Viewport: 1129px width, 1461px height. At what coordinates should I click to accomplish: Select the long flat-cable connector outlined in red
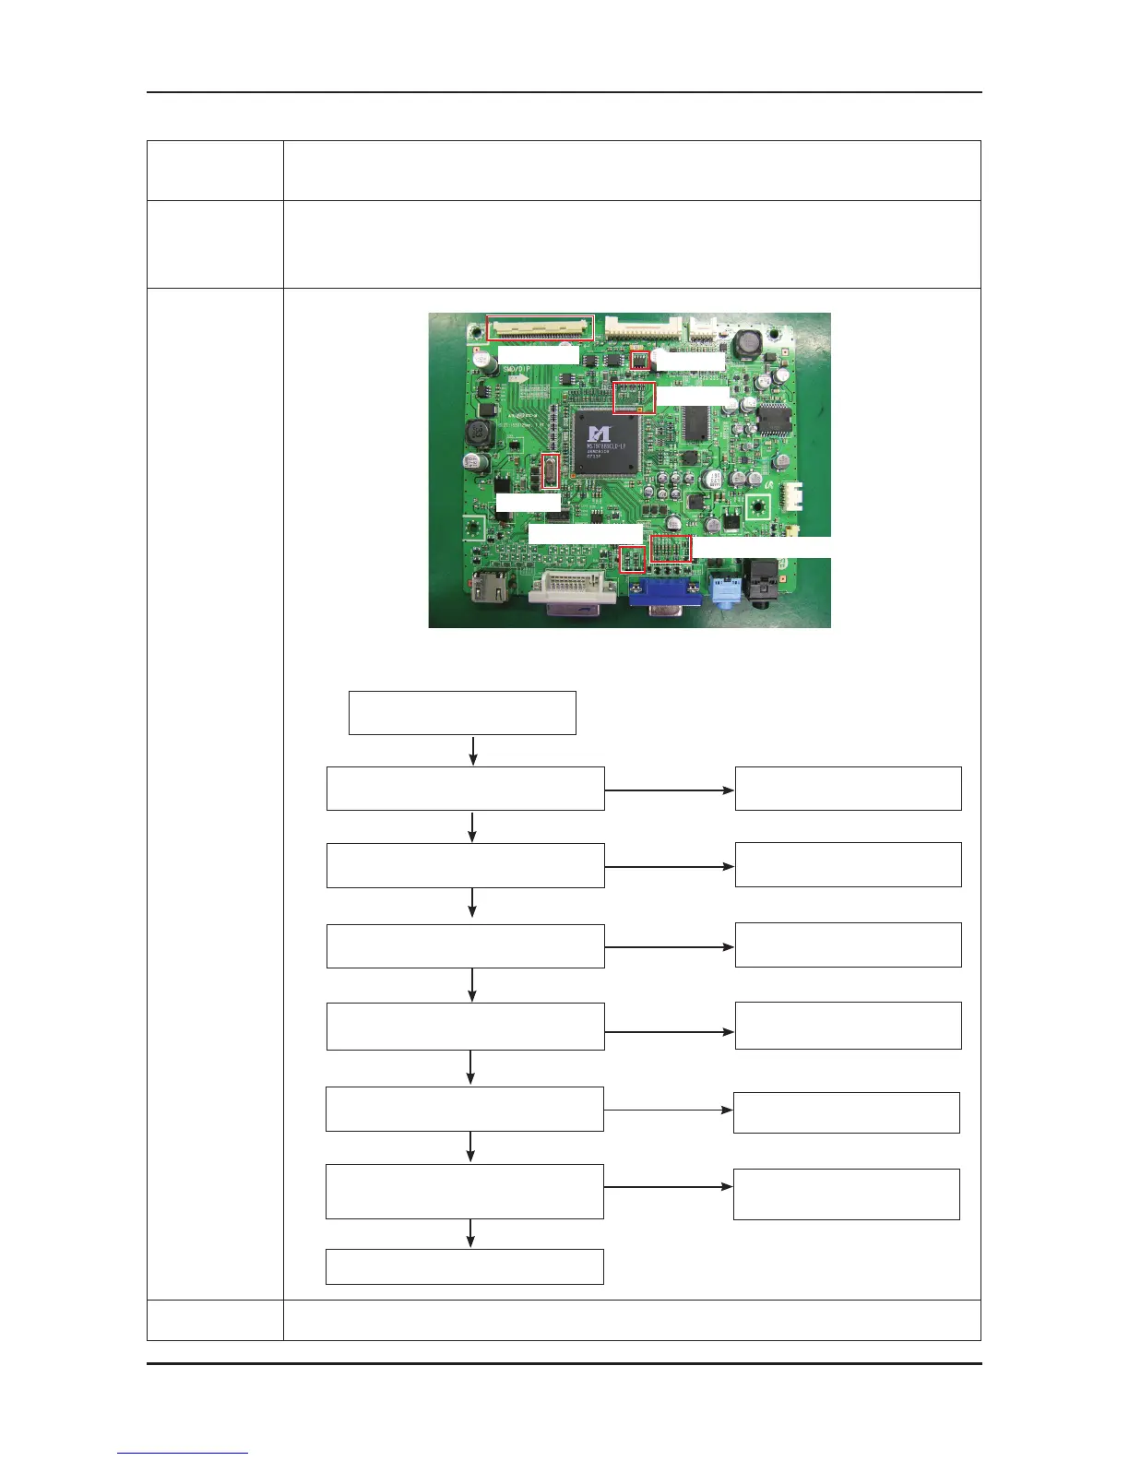[x=541, y=327]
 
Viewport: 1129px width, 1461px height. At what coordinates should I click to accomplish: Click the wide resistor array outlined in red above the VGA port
[x=671, y=549]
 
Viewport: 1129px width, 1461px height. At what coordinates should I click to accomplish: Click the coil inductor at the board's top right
[x=748, y=345]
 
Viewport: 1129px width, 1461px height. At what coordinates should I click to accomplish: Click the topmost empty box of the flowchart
[x=462, y=713]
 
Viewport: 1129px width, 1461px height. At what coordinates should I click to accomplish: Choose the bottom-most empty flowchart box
[x=465, y=1266]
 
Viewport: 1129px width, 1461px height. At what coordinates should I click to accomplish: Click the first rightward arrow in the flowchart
[x=670, y=790]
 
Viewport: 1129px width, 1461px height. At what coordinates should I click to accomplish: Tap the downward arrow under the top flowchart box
[x=473, y=750]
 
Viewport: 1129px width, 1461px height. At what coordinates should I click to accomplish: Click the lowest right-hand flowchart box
[x=846, y=1194]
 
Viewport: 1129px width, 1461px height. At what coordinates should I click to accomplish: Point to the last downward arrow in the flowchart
[x=471, y=1233]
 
